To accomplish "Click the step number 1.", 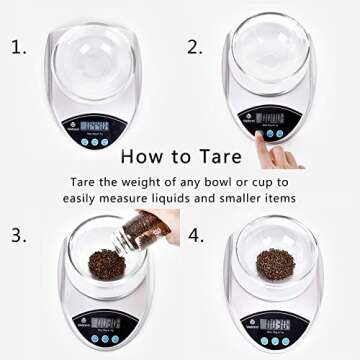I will (17, 46).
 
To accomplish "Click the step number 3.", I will (17, 236).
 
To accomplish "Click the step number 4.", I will (195, 236).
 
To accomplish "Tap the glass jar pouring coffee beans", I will (149, 227).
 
